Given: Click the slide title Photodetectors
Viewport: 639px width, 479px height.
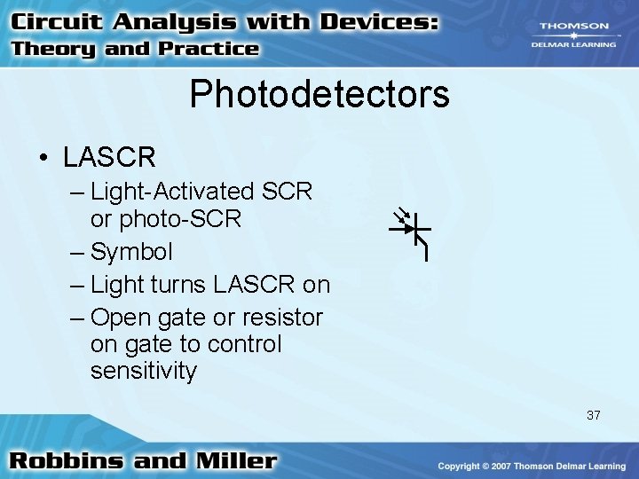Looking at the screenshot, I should pos(319,94).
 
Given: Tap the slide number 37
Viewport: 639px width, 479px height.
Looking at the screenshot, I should pos(593,414).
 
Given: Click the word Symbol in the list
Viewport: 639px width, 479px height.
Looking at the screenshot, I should pos(131,252).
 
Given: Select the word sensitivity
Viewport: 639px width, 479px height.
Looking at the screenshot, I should pos(143,371).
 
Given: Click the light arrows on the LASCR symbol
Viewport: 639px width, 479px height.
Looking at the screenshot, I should pos(402,215).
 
